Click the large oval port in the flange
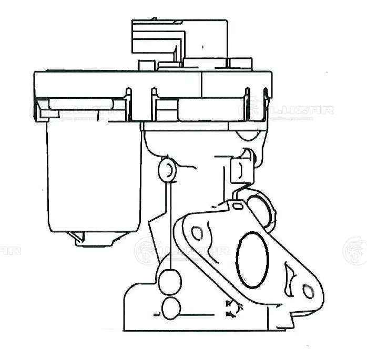(252, 260)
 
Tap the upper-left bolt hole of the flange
(197, 232)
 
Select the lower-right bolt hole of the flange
(308, 290)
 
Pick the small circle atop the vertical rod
(166, 169)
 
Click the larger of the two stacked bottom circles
(169, 282)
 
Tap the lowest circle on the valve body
(171, 308)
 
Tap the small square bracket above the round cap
(239, 170)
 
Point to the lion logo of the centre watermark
(146, 251)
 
